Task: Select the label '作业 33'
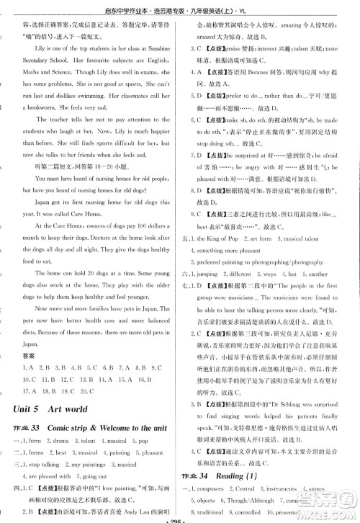[27, 428]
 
